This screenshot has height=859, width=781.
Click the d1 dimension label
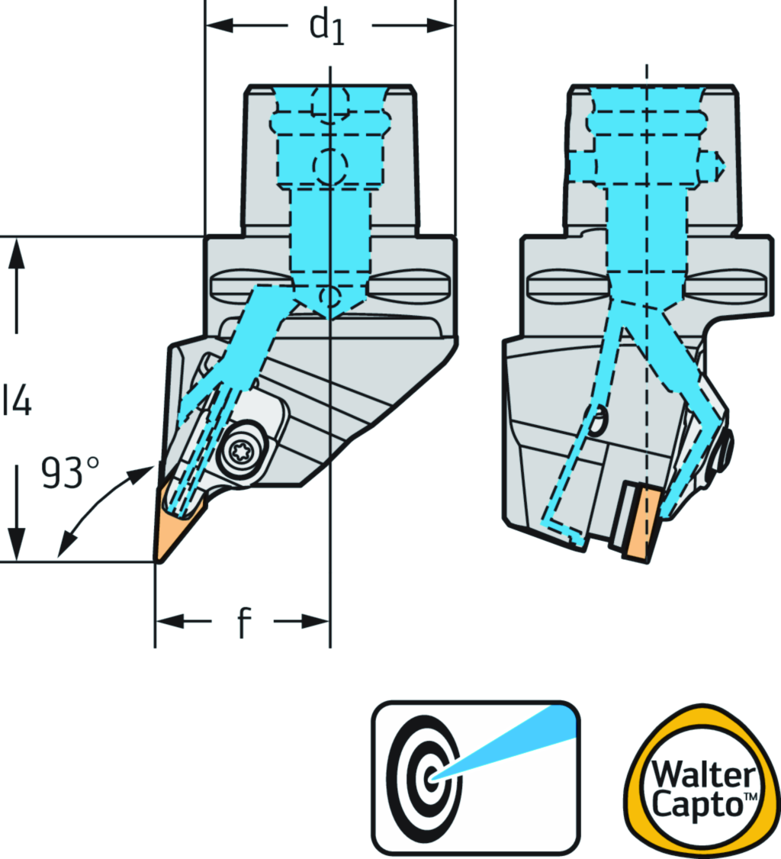(326, 28)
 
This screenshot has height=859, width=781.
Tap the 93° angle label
(71, 474)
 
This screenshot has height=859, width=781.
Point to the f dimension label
(243, 624)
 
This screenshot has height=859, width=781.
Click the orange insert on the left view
(176, 525)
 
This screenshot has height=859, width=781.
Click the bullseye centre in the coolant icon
(432, 777)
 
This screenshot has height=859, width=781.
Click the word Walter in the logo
(702, 775)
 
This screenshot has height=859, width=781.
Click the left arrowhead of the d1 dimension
(217, 26)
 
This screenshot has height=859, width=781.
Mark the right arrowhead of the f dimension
(320, 623)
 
